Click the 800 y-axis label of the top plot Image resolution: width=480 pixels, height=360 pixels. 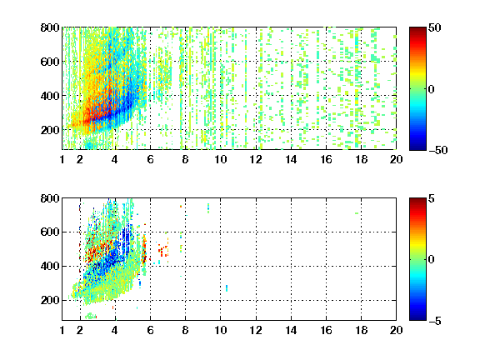point(50,27)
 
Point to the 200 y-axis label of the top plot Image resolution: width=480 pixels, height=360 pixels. point(50,130)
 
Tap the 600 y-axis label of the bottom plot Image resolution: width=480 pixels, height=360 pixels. point(50,232)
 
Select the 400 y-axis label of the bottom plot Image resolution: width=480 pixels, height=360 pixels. point(50,266)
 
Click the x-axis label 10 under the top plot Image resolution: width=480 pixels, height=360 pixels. point(220,159)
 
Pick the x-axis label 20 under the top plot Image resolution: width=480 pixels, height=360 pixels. point(396,159)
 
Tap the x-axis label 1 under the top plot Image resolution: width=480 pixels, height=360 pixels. point(62,159)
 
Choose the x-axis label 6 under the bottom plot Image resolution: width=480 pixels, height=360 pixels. point(150,330)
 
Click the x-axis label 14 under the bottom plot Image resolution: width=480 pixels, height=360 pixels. point(291,330)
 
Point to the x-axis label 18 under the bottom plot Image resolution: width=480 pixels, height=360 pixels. point(361,330)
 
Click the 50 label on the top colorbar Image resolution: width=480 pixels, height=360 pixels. point(435,27)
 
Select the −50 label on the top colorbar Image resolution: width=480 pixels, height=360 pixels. point(438,150)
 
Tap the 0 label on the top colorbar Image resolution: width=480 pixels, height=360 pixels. point(432,89)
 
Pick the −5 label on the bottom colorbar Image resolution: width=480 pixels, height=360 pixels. point(435,321)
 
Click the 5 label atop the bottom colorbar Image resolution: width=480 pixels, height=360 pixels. point(432,198)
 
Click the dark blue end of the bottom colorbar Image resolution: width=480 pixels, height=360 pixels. point(417,318)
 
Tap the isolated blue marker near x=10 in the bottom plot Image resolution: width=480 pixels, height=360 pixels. point(227,288)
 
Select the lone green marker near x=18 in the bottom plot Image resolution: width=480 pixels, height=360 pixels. point(357,213)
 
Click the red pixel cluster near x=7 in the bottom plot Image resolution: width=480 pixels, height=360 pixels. point(163,250)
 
